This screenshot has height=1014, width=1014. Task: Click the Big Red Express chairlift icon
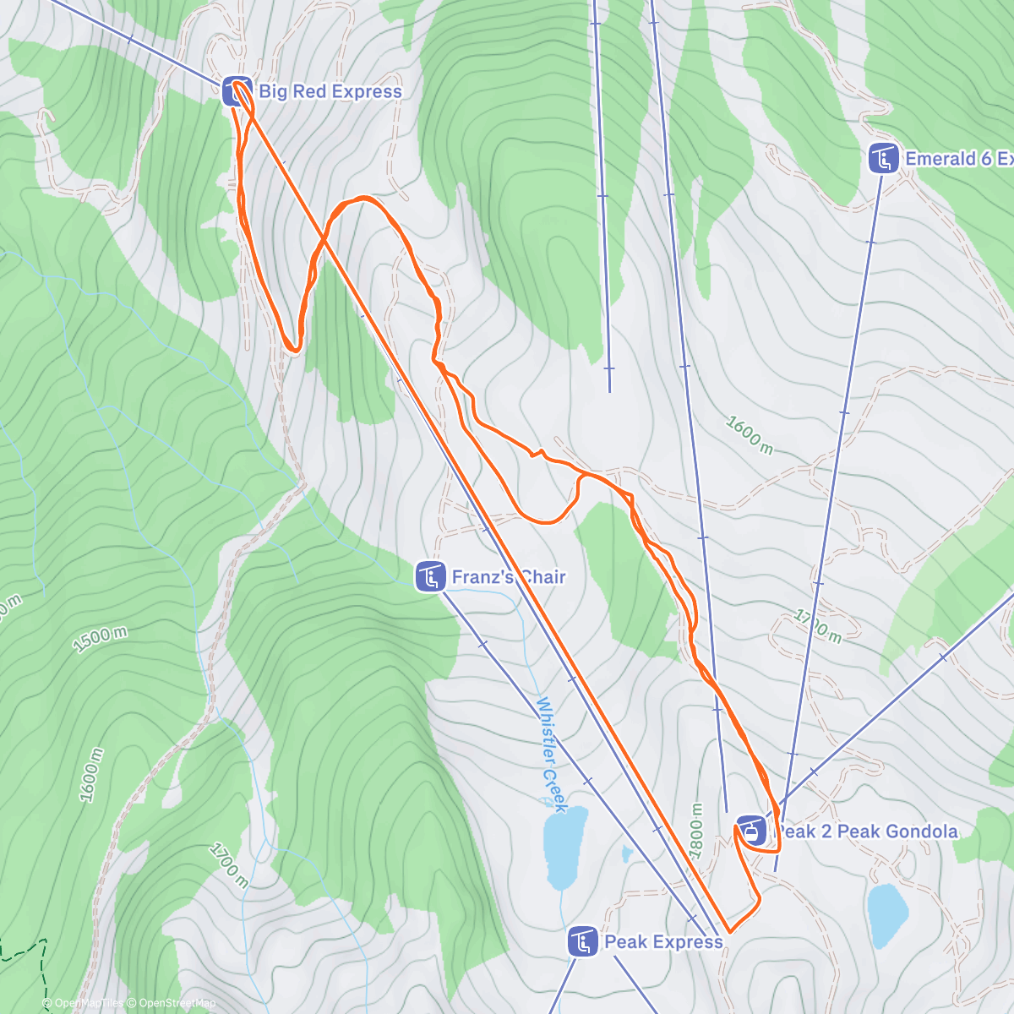237,91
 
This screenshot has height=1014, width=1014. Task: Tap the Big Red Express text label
330,91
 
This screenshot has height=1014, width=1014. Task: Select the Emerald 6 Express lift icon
884,159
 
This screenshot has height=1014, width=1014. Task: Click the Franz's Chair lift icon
431,577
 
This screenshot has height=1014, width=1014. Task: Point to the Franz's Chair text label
509,577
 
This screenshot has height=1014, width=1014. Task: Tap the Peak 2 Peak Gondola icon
751,831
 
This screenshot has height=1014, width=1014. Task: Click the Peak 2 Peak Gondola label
867,831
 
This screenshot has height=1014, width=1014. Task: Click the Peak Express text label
664,941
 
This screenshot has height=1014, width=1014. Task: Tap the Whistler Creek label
550,755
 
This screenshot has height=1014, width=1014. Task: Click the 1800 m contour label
696,831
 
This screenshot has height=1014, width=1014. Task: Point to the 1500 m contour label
100,640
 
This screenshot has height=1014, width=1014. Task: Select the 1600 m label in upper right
749,434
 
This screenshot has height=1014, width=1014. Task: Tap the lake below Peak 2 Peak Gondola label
887,916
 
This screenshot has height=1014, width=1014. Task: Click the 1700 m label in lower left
228,865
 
